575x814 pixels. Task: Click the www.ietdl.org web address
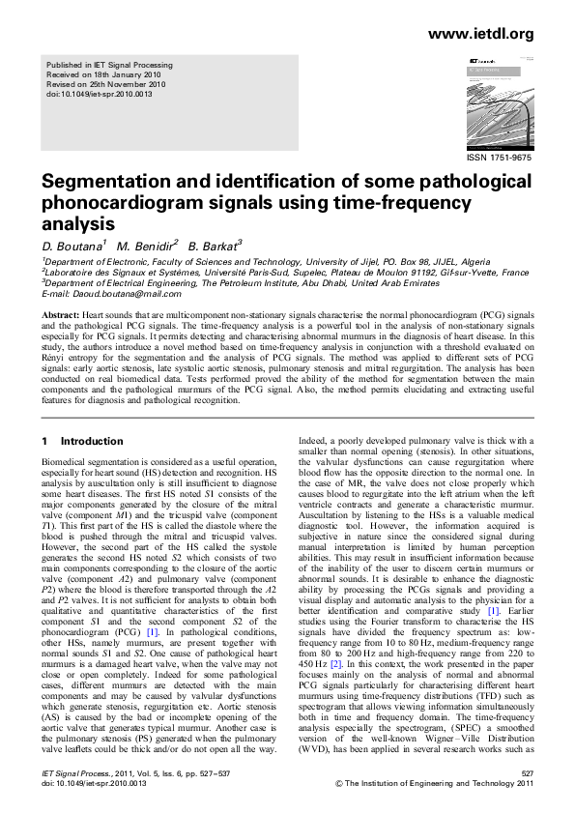(479, 35)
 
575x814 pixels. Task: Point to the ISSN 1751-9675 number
(499, 157)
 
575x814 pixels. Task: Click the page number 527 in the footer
(526, 773)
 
